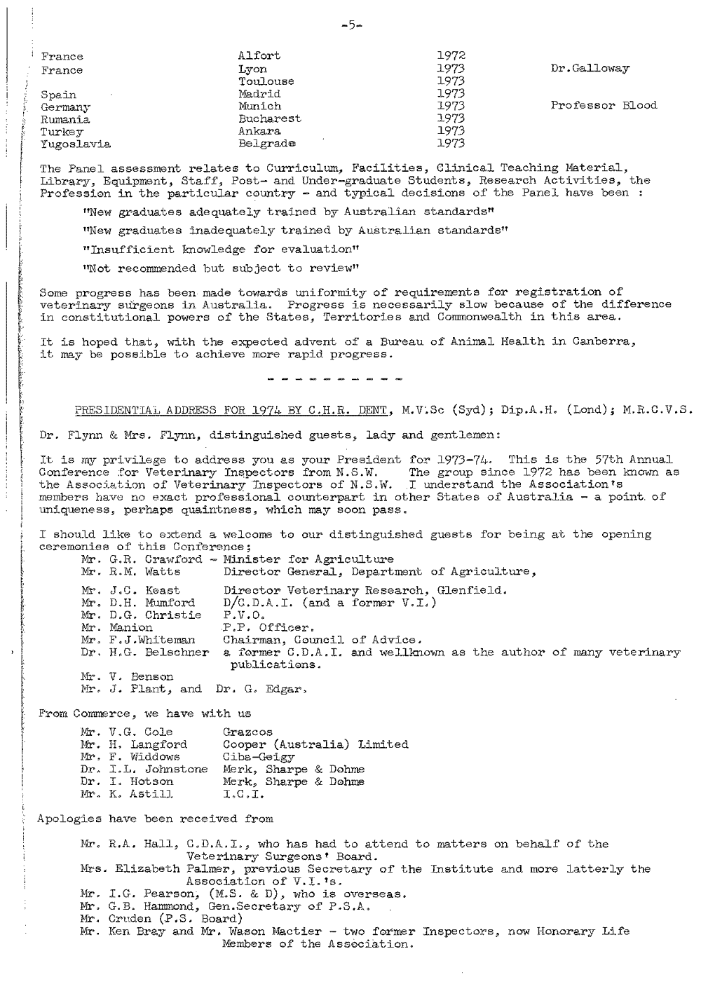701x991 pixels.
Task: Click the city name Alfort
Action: (259, 55)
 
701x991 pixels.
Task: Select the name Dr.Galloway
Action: (590, 69)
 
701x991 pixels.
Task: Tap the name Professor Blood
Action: (604, 106)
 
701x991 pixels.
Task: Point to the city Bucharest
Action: (269, 118)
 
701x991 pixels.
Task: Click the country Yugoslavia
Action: (76, 144)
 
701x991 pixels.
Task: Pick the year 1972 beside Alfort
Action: (451, 55)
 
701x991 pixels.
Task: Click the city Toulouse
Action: (266, 81)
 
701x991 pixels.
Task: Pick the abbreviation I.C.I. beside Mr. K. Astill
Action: (238, 794)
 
